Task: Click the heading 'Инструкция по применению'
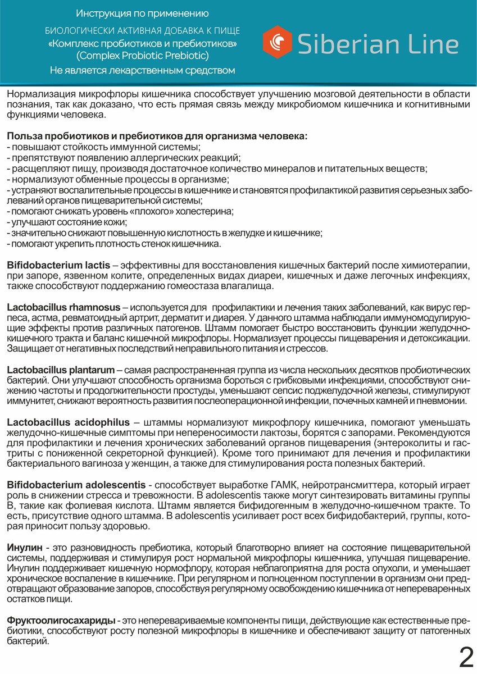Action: tap(142, 13)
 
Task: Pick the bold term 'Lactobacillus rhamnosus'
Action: tap(63, 307)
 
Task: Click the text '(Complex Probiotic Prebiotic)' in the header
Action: tap(142, 56)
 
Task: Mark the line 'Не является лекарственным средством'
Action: tap(142, 70)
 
